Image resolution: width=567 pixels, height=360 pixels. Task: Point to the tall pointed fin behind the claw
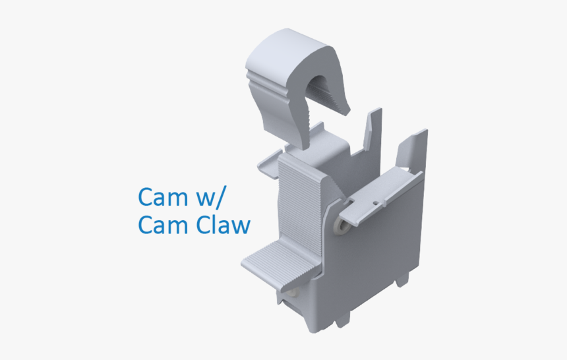(x=374, y=129)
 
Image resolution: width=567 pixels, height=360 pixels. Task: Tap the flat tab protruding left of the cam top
(x=270, y=162)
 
